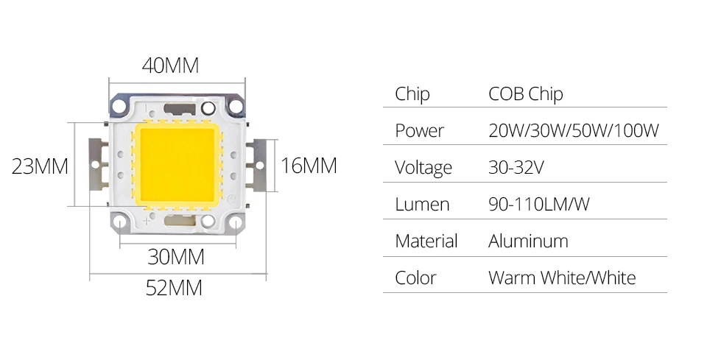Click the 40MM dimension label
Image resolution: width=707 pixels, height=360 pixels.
click(x=171, y=66)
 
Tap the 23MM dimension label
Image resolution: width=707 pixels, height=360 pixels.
click(x=41, y=166)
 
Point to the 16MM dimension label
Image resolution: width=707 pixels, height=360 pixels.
click(x=309, y=166)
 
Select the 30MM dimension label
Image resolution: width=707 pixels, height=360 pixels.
click(x=176, y=257)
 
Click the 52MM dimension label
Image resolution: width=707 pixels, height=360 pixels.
click(x=174, y=287)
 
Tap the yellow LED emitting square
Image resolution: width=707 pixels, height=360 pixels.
click(x=177, y=163)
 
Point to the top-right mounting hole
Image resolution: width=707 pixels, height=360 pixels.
click(x=236, y=106)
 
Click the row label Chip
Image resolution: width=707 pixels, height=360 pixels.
click(x=412, y=94)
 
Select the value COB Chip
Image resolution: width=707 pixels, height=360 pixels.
click(x=525, y=94)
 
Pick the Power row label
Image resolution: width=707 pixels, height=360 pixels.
click(x=419, y=131)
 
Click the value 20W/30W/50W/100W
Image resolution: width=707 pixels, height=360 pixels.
click(x=573, y=131)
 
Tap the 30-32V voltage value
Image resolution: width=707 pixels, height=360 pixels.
click(x=516, y=167)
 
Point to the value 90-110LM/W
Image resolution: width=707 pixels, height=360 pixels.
click(x=538, y=204)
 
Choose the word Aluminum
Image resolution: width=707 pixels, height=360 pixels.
click(x=528, y=241)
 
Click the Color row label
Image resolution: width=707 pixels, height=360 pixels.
click(x=415, y=278)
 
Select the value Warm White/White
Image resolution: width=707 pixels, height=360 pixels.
click(x=561, y=278)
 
